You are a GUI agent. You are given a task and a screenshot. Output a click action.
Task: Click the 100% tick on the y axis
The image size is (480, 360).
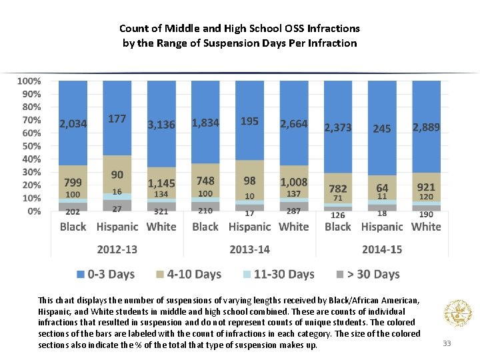click(x=29, y=81)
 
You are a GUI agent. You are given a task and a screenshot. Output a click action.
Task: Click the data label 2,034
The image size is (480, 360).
click(x=73, y=124)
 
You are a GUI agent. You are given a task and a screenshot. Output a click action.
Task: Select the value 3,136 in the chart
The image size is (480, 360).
click(x=161, y=125)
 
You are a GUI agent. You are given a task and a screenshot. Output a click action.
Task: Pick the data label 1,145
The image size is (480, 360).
click(x=161, y=183)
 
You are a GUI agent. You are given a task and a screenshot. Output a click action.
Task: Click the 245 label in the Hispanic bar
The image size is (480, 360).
click(x=382, y=129)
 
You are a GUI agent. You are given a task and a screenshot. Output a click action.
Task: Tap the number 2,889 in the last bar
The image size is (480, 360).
click(x=426, y=127)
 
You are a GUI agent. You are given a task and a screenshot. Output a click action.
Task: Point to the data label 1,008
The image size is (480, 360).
click(x=294, y=182)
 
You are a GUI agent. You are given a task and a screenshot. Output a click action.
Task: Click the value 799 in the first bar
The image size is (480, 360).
click(x=73, y=181)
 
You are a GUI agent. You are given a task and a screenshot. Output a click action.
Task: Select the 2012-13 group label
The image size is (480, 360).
click(x=117, y=249)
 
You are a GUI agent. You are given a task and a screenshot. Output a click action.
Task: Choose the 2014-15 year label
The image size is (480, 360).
click(x=382, y=249)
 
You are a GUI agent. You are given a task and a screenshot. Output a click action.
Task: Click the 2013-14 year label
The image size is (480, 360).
click(x=249, y=249)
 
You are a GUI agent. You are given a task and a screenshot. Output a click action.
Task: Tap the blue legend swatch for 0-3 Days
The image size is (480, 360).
click(x=81, y=275)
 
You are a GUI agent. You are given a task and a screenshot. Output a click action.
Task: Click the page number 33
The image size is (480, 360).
click(x=447, y=343)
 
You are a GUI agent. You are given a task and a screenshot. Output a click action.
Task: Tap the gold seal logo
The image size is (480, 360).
click(x=457, y=311)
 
